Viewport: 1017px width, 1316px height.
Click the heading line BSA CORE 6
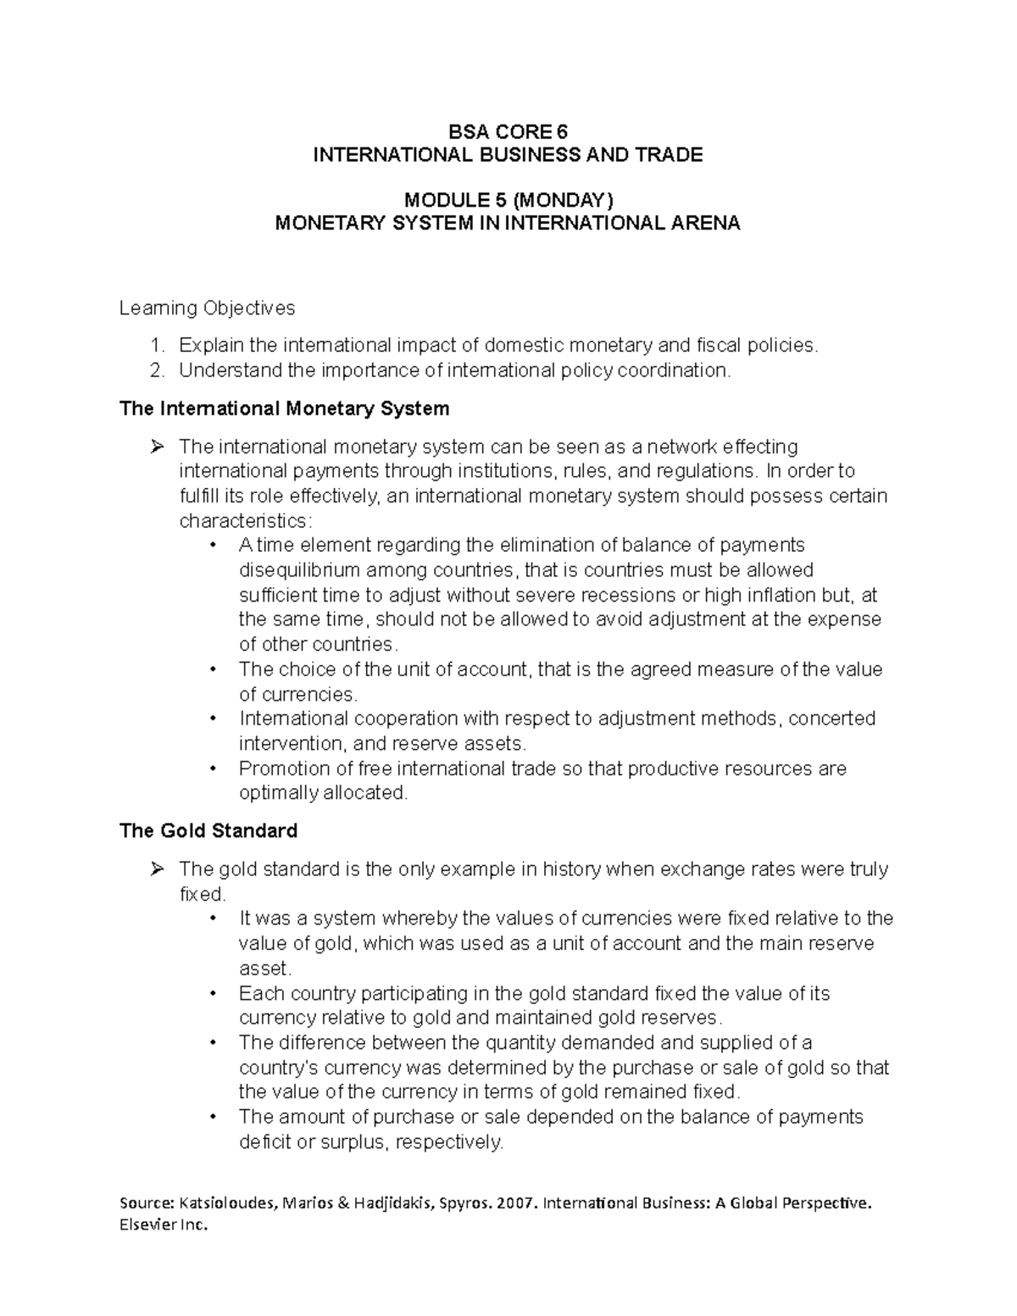pos(508,131)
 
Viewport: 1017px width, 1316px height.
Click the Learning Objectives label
pos(207,308)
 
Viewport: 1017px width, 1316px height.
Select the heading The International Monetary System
pos(284,408)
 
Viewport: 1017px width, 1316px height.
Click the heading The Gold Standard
pos(208,830)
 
